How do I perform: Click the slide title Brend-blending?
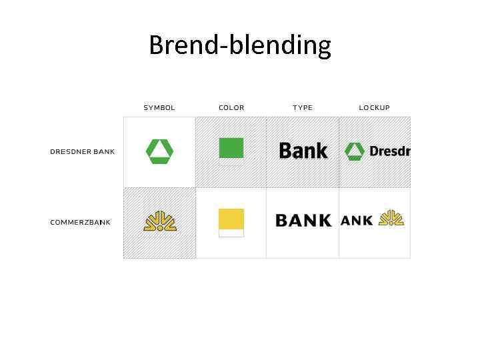coord(240,45)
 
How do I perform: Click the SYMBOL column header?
coord(159,107)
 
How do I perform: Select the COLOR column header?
coord(231,107)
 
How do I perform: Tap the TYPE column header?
coord(303,107)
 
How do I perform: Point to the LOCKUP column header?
coord(374,107)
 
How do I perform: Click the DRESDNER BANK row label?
coord(83,151)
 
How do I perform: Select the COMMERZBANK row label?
coord(80,222)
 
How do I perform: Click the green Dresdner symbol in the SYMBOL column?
coord(159,151)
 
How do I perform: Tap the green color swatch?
coord(231,147)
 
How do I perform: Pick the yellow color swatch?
coord(231,219)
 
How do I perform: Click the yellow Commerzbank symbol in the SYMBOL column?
coord(159,221)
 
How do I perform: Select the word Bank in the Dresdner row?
coord(303,151)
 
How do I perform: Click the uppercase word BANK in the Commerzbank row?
coord(303,221)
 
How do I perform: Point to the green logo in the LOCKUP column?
coord(354,151)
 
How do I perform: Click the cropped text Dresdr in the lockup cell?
coord(389,151)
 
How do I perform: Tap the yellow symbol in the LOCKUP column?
coord(391,218)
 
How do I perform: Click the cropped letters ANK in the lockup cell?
coord(357,221)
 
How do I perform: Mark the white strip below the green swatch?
coord(231,161)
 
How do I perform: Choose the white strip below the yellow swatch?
coord(231,233)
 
